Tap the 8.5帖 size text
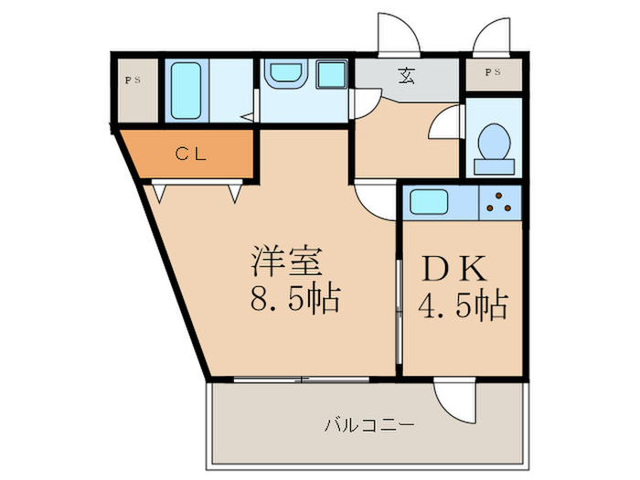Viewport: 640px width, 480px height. (x=288, y=299)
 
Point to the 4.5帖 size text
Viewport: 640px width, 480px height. (x=463, y=304)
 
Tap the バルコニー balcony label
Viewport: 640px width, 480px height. (x=369, y=425)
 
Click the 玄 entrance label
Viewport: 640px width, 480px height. (x=404, y=77)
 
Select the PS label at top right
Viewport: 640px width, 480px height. (x=492, y=71)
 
